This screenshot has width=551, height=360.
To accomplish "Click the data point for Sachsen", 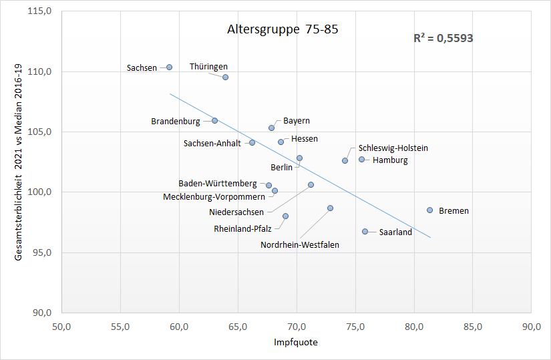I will click(x=170, y=67).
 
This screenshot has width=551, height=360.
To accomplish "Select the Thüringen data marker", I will click(x=226, y=77).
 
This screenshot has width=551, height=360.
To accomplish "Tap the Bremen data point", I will click(x=430, y=210).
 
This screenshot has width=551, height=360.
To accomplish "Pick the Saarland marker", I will click(x=365, y=232).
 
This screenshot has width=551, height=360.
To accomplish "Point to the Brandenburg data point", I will click(x=215, y=121).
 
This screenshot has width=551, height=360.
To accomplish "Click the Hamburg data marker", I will click(x=362, y=160).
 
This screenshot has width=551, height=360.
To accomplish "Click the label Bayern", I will click(x=297, y=121).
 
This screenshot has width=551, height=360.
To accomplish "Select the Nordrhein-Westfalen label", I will click(x=300, y=245).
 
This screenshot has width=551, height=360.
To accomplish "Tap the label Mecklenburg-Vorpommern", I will click(x=214, y=197).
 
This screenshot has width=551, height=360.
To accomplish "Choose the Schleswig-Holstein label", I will click(x=393, y=148).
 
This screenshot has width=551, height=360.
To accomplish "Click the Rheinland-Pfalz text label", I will click(x=242, y=228).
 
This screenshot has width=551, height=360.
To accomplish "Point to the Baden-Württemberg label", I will click(x=218, y=184).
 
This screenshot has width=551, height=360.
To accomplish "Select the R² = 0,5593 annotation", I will click(x=443, y=39).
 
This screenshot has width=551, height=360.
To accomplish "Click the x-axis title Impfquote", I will click(x=296, y=343).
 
